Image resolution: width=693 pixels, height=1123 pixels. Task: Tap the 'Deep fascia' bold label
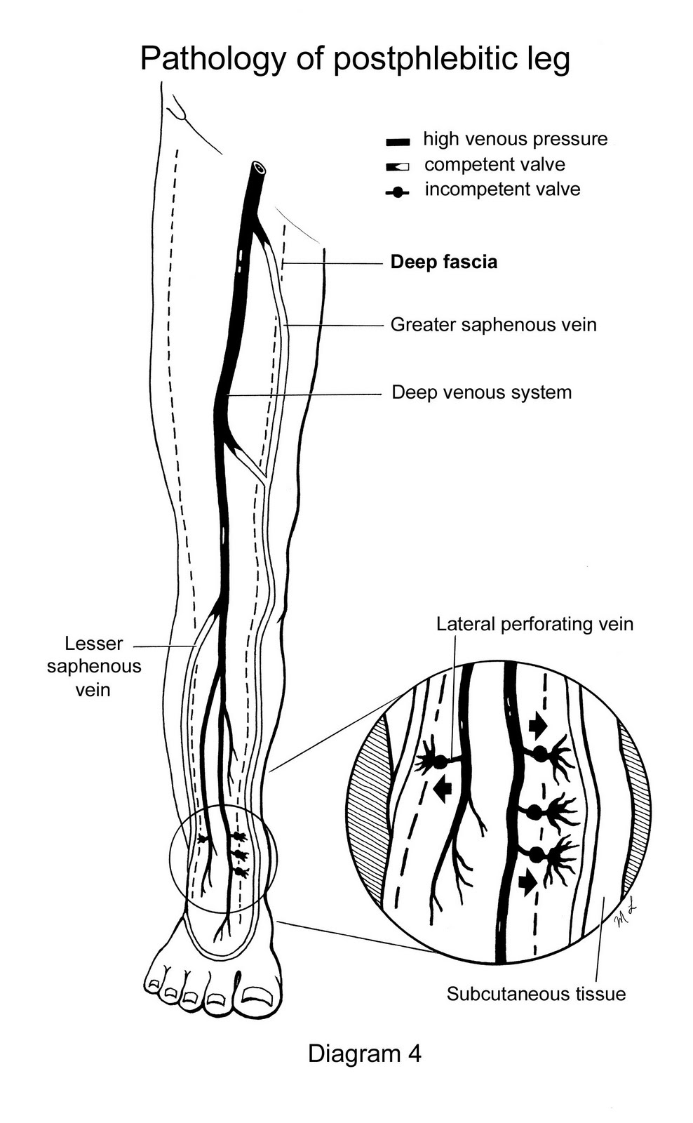pos(443,262)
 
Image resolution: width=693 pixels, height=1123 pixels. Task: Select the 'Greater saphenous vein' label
pos(493,324)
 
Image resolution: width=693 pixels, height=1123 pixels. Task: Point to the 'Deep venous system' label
pos(481,392)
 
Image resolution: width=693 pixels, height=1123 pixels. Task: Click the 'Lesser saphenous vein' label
pos(93,666)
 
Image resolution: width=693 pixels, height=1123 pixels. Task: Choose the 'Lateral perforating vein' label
pos(534,624)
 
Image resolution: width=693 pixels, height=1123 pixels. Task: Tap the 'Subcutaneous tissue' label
pos(536,994)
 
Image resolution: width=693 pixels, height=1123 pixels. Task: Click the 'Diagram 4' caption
pos(364,1053)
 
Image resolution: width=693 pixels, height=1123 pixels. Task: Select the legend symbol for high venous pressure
pos(398,142)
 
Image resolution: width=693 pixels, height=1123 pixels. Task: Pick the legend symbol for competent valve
pos(398,167)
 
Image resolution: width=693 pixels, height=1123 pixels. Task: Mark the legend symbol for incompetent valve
pos(398,192)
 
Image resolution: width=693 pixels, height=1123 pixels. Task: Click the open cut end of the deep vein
pos(260,168)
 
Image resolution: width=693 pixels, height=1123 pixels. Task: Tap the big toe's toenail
pos(257,994)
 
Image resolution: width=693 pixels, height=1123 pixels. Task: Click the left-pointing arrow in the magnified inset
pos(442,790)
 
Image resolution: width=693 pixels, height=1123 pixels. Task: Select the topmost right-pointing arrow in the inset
pos(538,725)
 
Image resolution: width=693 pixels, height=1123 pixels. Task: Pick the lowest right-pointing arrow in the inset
pos(527,882)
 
